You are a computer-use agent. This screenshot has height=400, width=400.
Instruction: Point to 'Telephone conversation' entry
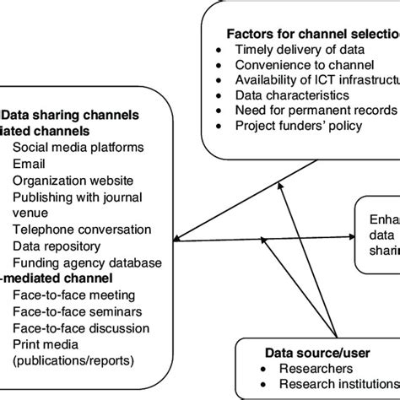(82, 229)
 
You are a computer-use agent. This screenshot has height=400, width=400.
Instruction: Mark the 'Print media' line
(47, 343)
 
